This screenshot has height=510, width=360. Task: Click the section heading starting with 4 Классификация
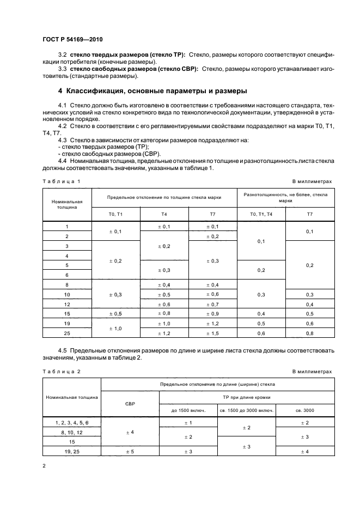(x=152, y=90)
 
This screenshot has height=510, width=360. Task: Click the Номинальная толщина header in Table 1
(x=67, y=204)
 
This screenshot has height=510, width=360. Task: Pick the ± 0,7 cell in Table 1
(x=212, y=304)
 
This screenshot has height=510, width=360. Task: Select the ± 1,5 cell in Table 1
(x=212, y=333)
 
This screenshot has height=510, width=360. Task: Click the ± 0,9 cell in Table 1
(x=212, y=314)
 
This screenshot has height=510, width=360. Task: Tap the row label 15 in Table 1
(x=67, y=314)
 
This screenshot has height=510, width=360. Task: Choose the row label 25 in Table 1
(x=67, y=333)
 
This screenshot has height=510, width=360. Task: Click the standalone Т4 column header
(x=164, y=214)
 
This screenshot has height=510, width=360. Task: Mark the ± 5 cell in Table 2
(x=130, y=451)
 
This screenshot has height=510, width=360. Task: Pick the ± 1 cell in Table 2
(x=187, y=422)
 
